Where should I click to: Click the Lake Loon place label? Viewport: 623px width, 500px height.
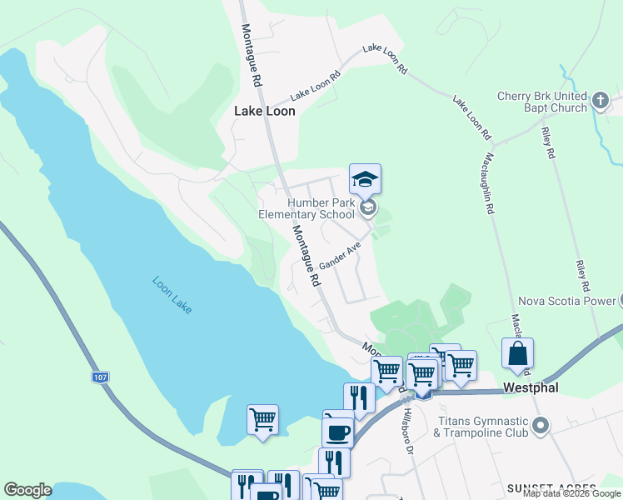click(x=265, y=111)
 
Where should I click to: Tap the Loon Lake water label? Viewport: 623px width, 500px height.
click(x=172, y=294)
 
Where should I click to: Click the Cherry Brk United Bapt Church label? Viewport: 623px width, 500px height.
click(x=542, y=102)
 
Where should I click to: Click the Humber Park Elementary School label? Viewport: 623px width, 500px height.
click(x=307, y=208)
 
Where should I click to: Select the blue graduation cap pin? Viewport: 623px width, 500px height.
click(x=365, y=179)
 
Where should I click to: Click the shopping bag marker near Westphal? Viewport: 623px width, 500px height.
click(x=517, y=353)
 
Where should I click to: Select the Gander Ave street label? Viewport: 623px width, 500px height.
click(x=345, y=256)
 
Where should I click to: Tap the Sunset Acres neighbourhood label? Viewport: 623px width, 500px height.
click(x=552, y=487)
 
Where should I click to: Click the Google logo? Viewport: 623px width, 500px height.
click(x=27, y=490)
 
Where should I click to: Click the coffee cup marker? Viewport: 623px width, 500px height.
click(x=338, y=432)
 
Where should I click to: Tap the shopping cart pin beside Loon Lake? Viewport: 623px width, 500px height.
click(x=262, y=418)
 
